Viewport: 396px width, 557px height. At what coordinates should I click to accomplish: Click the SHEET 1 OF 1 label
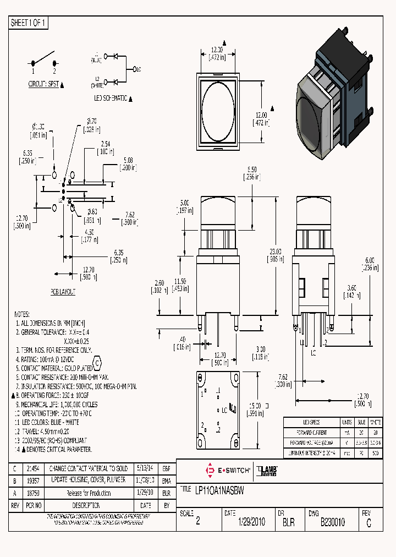[29, 23]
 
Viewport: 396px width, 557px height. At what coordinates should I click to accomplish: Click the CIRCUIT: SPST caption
[44, 84]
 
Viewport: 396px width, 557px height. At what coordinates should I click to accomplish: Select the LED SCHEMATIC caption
[111, 98]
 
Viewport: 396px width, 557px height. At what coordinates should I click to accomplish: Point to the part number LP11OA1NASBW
[220, 489]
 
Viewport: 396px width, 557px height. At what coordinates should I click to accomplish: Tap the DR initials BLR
[288, 522]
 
